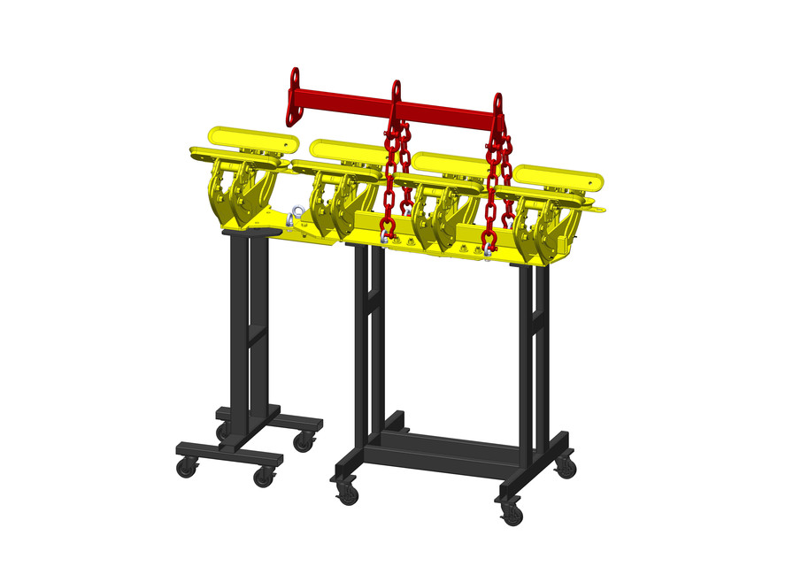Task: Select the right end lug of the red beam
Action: click(x=498, y=103)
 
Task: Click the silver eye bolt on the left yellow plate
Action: click(x=295, y=215)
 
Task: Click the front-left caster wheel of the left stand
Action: click(x=187, y=468)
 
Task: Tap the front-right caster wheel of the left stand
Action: click(x=263, y=478)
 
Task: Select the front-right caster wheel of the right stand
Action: click(x=512, y=514)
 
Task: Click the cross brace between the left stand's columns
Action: click(x=251, y=337)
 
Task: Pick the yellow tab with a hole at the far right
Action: click(x=599, y=210)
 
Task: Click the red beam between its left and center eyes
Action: click(x=345, y=96)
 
